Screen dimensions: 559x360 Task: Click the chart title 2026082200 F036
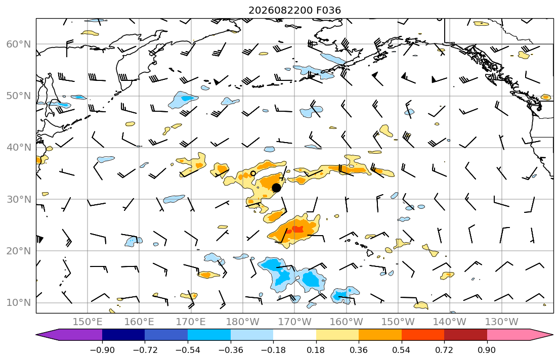[294, 10]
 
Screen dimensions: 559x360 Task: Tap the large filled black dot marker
[276, 188]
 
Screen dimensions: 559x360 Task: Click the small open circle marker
[253, 173]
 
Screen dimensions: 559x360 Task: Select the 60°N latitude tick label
[19, 44]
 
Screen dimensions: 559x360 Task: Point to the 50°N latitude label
[19, 96]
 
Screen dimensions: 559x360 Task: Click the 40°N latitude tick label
[19, 148]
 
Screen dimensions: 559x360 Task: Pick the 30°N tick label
[19, 199]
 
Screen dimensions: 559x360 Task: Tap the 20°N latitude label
[19, 251]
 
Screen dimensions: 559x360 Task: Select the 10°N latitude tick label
[19, 303]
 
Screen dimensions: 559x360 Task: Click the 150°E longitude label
[88, 322]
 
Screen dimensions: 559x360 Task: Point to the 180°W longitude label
[243, 322]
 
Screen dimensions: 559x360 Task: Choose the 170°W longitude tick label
[294, 322]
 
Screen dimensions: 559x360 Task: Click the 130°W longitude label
[502, 322]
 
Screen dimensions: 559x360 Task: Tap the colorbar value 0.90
[487, 350]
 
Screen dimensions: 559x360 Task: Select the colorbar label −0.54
[188, 350]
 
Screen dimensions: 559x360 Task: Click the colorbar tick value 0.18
[316, 350]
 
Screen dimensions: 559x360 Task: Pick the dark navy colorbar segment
[123, 335]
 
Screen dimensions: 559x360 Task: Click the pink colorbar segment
[508, 335]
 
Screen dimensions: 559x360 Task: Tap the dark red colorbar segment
[465, 335]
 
